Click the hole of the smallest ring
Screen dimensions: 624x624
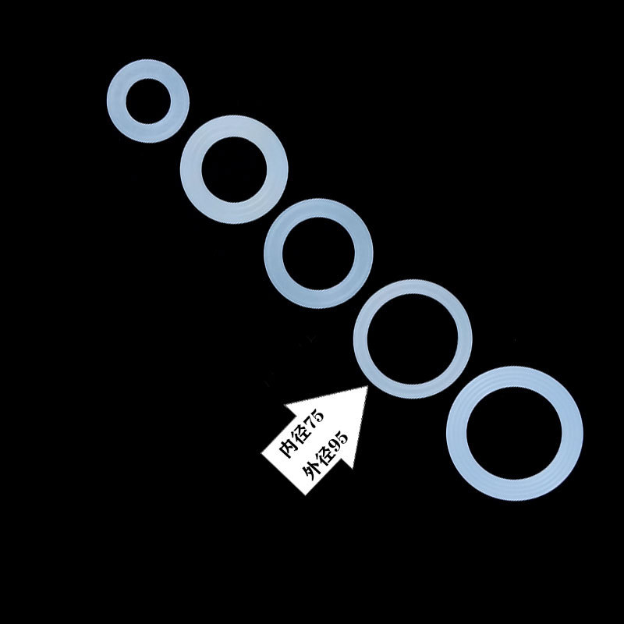pyautogui.click(x=147, y=100)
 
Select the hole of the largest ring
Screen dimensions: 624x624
pyautogui.click(x=514, y=434)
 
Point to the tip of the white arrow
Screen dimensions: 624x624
pyautogui.click(x=367, y=387)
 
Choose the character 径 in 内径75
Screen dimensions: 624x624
pyautogui.click(x=301, y=437)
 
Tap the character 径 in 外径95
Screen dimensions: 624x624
pyautogui.click(x=323, y=456)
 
